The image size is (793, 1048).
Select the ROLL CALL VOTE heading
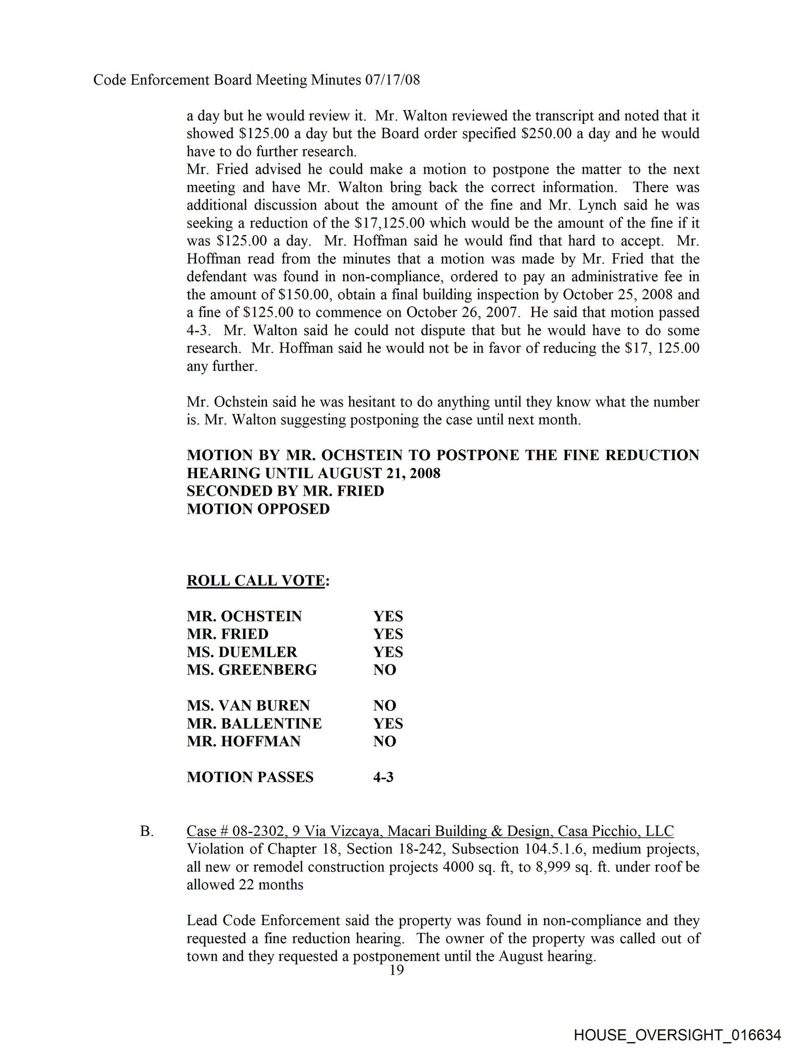point(255,580)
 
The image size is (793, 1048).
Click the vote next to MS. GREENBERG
point(384,670)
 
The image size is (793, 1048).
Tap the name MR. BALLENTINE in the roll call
point(254,723)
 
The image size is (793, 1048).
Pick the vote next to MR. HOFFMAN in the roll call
point(384,741)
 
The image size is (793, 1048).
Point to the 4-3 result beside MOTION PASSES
point(383,777)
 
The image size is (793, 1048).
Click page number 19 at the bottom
point(397,970)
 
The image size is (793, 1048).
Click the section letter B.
point(146,831)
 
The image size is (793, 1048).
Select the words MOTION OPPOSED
point(258,509)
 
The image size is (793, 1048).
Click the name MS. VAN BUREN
point(248,705)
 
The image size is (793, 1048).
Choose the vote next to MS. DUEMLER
point(387,652)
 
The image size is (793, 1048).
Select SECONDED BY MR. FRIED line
point(285,491)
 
